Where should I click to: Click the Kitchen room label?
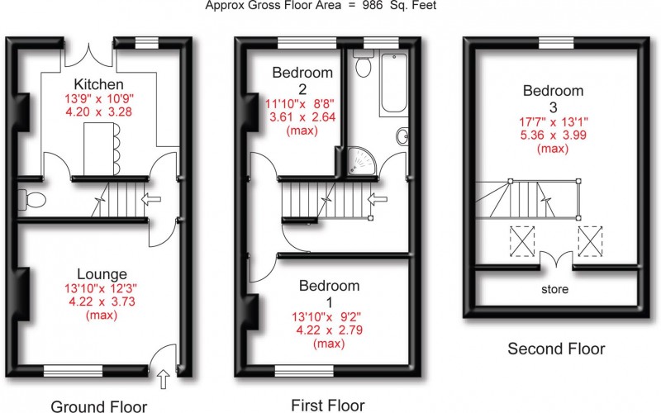coord(98,84)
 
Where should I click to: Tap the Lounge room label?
coord(102,274)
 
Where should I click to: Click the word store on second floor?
coord(555,290)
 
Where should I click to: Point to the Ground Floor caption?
coord(100,406)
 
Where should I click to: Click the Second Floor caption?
coord(556,349)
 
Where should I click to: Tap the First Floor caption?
coord(327,405)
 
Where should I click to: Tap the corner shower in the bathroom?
coord(362,164)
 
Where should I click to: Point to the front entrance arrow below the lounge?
coord(163,380)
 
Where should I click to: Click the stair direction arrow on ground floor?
coord(151,198)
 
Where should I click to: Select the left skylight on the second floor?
coord(522,241)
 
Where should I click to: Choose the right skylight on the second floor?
coord(590,241)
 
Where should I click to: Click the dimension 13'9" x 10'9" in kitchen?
coord(98,98)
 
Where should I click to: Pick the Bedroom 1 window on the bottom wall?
coord(304,369)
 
